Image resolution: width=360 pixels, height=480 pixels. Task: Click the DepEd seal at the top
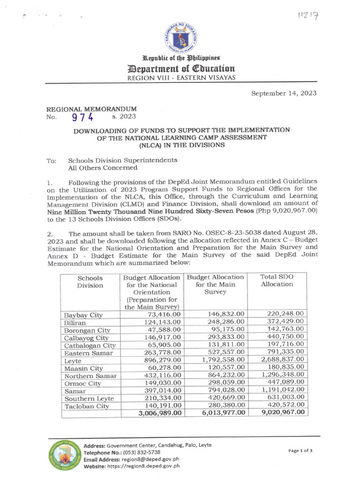coord(180,37)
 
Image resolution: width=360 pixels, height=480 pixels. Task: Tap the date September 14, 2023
coord(284,93)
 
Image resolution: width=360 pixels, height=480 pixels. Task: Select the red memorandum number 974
coord(82,117)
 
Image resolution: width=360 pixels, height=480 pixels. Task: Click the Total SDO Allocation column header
coord(277,281)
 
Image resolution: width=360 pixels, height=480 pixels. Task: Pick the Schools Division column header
coord(90,281)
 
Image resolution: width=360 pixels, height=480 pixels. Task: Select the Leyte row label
coord(74,360)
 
